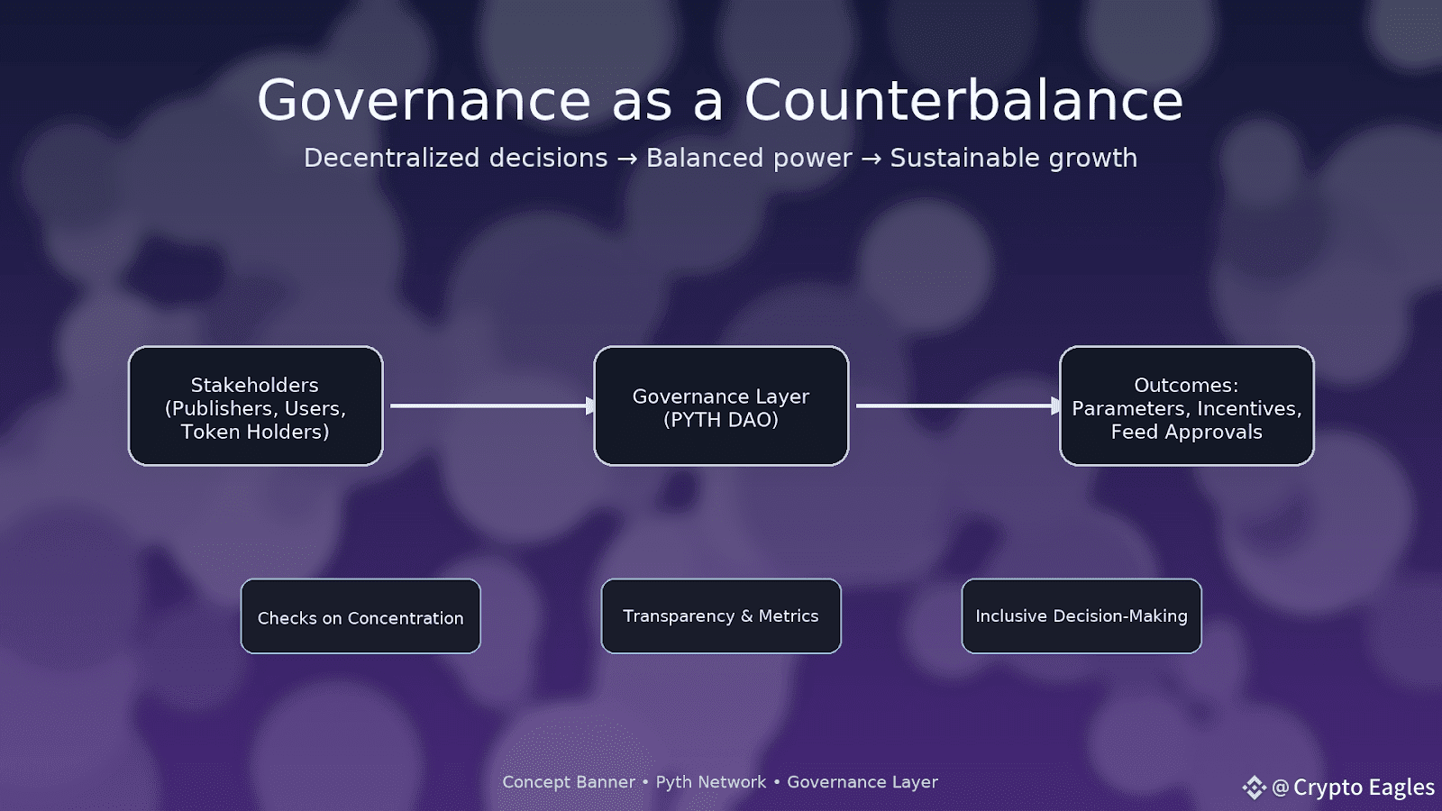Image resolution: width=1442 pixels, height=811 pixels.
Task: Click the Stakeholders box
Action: point(256,405)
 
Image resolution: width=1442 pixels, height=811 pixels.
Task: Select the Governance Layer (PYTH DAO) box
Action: point(721,405)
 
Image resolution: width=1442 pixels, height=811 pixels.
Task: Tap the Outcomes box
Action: point(1186,405)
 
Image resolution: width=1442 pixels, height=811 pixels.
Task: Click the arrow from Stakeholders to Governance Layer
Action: point(492,405)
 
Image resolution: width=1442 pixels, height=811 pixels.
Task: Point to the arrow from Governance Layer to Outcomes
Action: point(958,405)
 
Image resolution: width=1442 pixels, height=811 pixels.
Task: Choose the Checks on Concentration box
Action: point(360,616)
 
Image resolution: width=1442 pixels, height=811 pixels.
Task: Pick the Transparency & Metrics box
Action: point(721,616)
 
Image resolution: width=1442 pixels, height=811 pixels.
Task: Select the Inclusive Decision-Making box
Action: point(1081,616)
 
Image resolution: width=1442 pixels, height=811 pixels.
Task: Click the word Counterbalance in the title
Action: point(963,100)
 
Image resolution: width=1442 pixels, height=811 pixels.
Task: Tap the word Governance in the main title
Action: point(424,100)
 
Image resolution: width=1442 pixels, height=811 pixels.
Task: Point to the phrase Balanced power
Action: point(749,159)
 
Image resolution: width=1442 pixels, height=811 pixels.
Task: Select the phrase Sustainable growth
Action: point(1014,159)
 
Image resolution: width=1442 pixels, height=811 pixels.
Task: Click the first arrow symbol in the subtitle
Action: point(627,159)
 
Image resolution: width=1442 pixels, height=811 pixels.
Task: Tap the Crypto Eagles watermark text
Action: point(1364,788)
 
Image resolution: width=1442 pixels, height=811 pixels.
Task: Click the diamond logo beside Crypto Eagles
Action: point(1254,788)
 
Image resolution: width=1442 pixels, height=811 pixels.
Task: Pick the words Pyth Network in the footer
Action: point(711,782)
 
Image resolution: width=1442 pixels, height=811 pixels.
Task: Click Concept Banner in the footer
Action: point(569,782)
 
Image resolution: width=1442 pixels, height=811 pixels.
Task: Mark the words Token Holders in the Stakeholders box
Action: point(255,432)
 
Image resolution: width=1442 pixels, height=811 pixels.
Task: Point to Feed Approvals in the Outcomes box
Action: point(1186,432)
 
